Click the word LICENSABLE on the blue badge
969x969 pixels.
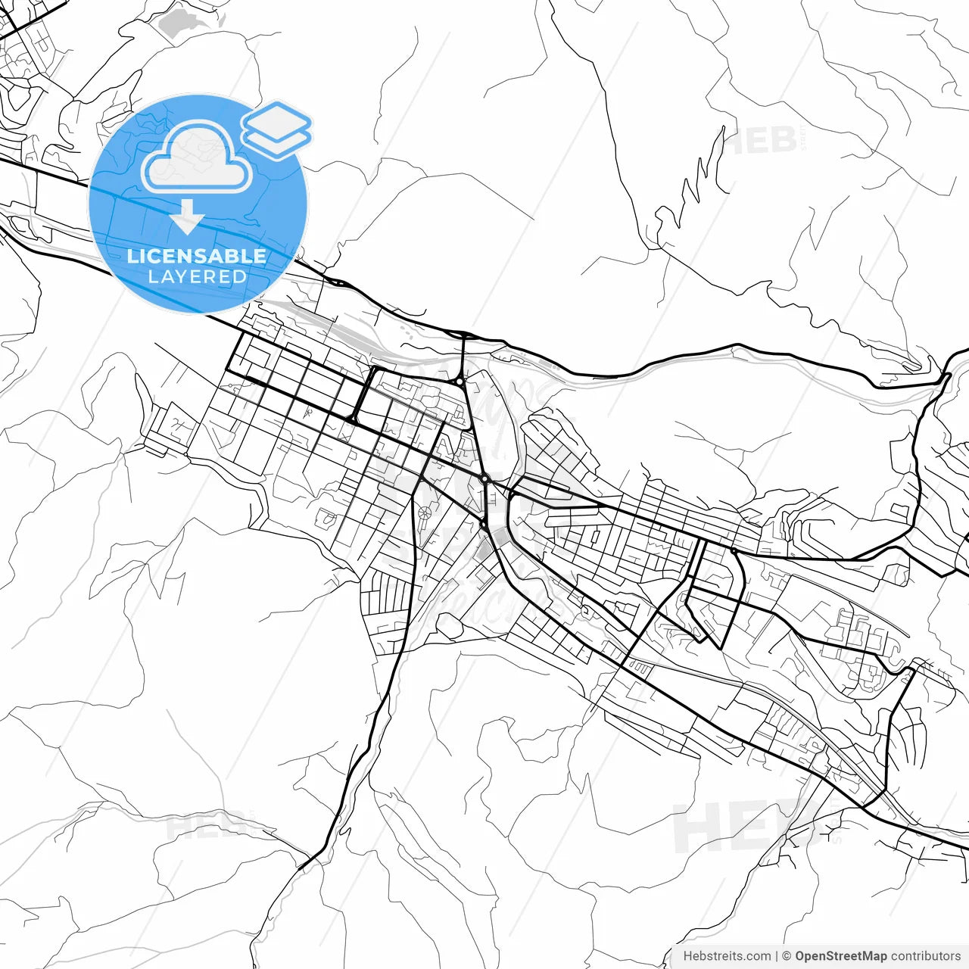tap(197, 256)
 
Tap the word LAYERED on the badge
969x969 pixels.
tap(197, 277)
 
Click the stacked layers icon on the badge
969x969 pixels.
tap(276, 129)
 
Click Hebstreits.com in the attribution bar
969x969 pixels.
tap(727, 956)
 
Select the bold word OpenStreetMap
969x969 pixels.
tap(840, 956)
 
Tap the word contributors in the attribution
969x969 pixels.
tap(925, 956)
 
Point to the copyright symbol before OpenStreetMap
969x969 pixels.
tap(787, 956)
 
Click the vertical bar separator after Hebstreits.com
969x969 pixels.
tap(777, 956)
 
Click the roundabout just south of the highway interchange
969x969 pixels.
tap(460, 382)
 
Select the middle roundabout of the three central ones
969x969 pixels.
tap(485, 479)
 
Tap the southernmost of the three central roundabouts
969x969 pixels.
tap(483, 522)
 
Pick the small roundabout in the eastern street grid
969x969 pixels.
tap(733, 550)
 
